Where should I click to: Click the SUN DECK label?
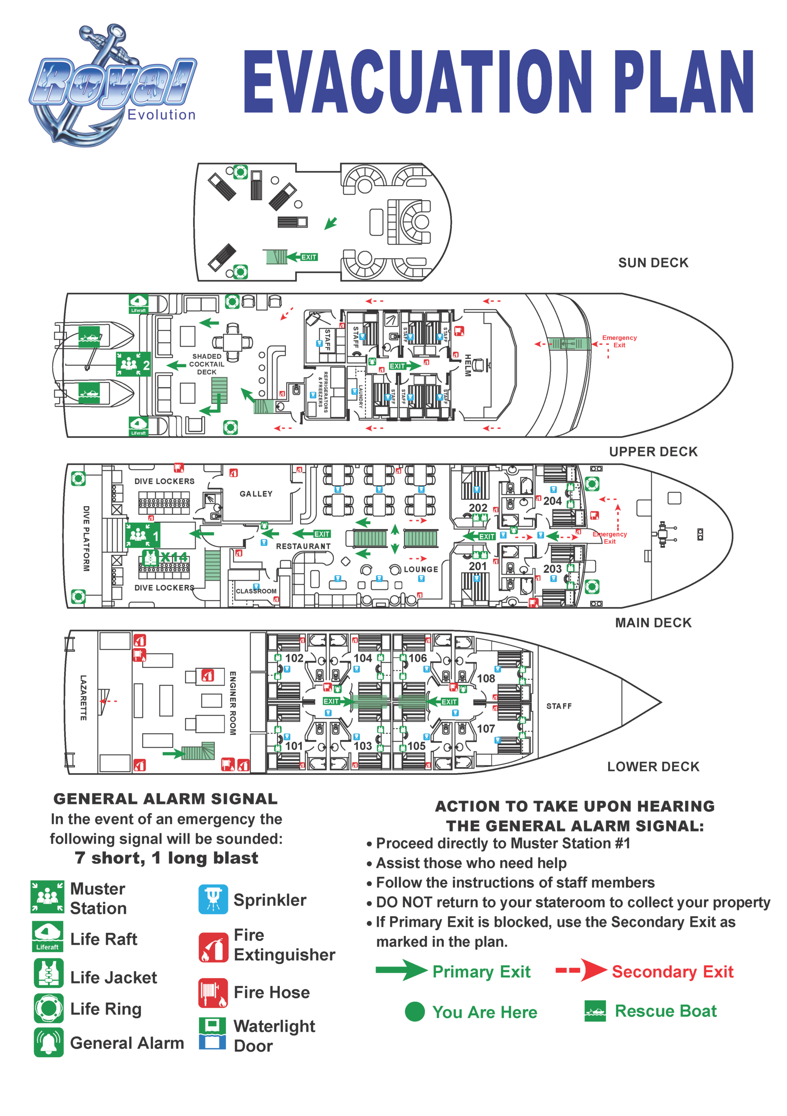click(x=653, y=263)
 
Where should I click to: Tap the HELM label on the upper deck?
click(x=467, y=364)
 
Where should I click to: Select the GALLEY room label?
click(x=256, y=494)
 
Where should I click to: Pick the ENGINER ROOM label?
click(x=233, y=702)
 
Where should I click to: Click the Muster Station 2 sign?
click(x=133, y=364)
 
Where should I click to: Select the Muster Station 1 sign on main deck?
click(x=143, y=535)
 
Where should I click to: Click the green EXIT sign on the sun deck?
click(x=308, y=257)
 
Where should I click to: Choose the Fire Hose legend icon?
click(x=212, y=993)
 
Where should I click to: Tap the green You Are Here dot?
click(x=414, y=1011)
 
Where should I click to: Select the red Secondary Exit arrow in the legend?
click(x=581, y=971)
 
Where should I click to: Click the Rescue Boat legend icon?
click(x=595, y=1011)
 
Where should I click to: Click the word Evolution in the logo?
click(x=161, y=115)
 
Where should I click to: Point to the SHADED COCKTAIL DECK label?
click(x=207, y=364)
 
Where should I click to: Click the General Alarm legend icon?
click(x=48, y=1042)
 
